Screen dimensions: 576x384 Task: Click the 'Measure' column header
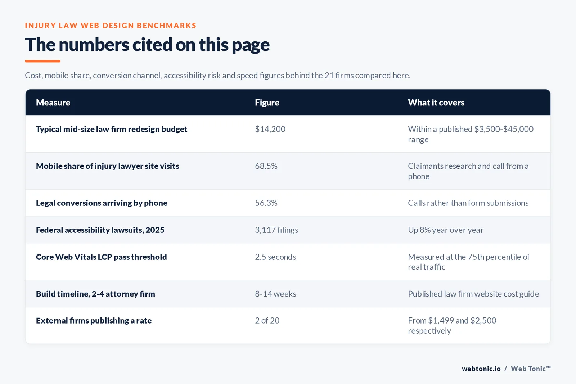tap(53, 103)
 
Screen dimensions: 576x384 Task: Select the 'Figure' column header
tap(267, 103)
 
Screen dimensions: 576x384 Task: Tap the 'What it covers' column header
tap(436, 103)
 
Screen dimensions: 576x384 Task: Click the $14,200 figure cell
tap(270, 129)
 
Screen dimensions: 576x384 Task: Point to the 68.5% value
tap(266, 166)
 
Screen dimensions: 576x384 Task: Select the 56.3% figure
tap(266, 203)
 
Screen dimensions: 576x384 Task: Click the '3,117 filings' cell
tap(276, 230)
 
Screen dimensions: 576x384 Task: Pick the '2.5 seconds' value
tap(275, 257)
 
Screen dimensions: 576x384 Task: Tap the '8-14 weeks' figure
tap(275, 294)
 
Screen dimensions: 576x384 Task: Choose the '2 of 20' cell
tap(267, 321)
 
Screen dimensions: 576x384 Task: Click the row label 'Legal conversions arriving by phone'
tap(102, 203)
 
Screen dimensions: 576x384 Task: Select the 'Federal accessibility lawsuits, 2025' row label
tap(100, 230)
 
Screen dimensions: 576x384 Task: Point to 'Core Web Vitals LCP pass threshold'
tap(101, 257)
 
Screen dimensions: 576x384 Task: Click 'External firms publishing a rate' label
tap(94, 321)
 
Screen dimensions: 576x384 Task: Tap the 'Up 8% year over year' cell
tap(446, 230)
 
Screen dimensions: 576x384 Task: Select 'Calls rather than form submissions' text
tap(468, 203)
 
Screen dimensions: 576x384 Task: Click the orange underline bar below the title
tap(43, 61)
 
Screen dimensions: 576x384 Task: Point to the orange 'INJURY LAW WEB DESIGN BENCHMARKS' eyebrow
tap(111, 26)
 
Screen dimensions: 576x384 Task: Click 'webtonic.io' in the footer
tap(481, 369)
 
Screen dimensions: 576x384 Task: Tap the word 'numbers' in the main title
tap(94, 45)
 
